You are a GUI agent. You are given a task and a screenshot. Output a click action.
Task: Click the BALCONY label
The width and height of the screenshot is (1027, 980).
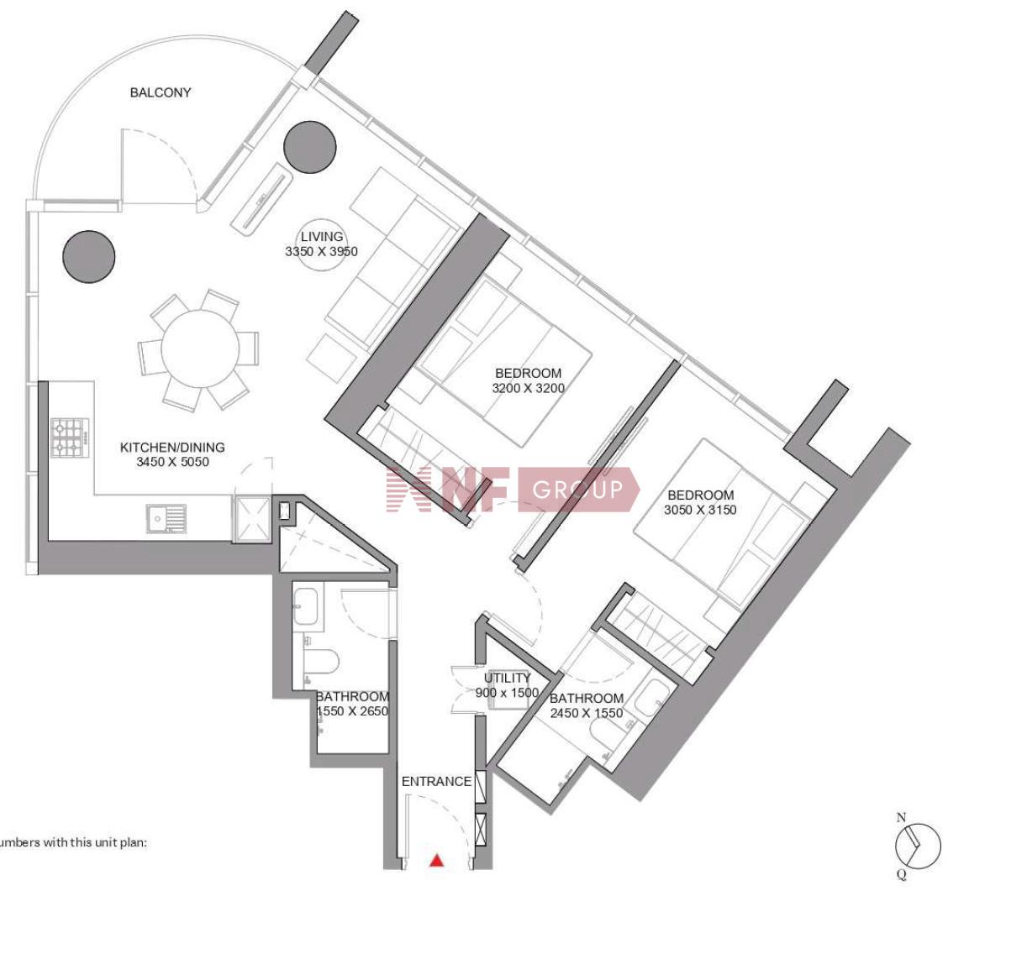tap(161, 92)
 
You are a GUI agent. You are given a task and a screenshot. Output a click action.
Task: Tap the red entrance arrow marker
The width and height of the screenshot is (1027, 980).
tap(436, 861)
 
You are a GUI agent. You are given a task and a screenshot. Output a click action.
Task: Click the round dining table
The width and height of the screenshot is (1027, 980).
tap(200, 349)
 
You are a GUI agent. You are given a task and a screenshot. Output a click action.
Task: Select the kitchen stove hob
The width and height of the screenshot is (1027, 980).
tap(70, 438)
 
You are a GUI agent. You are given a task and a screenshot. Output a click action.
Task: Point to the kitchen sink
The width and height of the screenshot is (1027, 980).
tap(166, 518)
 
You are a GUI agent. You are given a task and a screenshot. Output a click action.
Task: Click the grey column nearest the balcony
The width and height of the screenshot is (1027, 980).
tap(310, 147)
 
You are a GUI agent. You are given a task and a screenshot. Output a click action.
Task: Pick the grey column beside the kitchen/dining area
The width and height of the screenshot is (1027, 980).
tap(88, 256)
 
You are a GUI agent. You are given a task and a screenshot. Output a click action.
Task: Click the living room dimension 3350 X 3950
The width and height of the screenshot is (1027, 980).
tap(321, 252)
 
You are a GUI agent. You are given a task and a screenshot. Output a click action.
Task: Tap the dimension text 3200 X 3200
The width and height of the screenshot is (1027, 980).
tap(529, 388)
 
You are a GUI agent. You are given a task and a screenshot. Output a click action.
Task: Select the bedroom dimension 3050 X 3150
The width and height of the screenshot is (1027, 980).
tap(700, 510)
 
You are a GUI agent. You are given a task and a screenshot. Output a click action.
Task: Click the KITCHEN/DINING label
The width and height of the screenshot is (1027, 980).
tap(172, 448)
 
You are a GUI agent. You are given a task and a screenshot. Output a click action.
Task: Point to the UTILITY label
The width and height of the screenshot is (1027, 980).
tap(507, 678)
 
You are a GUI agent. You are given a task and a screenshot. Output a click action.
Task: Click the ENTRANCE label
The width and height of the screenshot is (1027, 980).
tap(436, 781)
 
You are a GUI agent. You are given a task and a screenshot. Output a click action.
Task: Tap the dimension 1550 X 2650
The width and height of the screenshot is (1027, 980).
tap(352, 711)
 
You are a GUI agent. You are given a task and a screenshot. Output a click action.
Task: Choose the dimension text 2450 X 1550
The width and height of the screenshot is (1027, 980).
tap(587, 713)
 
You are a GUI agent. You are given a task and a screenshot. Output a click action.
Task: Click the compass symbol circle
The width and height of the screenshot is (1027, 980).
tap(918, 846)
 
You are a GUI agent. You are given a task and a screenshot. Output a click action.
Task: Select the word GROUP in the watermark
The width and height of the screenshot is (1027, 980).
tap(578, 490)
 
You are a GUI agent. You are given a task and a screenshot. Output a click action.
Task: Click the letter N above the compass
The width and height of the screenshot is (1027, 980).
tap(902, 818)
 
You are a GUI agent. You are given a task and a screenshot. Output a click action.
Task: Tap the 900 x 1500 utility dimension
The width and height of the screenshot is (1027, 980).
tap(507, 693)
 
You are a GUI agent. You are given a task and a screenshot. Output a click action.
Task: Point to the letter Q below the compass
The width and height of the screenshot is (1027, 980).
tap(902, 874)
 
